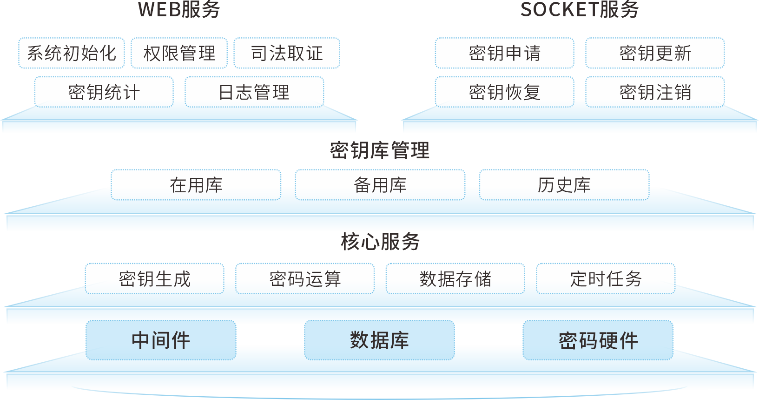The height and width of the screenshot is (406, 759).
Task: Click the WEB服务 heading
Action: (x=179, y=10)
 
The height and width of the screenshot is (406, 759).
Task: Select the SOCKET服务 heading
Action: (x=579, y=10)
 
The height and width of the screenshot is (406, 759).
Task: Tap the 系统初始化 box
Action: (x=72, y=53)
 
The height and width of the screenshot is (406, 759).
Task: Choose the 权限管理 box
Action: (x=179, y=53)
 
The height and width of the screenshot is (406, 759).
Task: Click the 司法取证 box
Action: (x=287, y=53)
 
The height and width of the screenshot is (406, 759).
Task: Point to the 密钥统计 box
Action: (x=104, y=92)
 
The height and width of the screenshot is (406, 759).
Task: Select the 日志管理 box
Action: (x=254, y=92)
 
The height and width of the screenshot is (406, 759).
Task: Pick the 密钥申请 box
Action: (x=505, y=53)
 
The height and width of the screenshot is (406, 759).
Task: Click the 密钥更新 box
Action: (x=655, y=53)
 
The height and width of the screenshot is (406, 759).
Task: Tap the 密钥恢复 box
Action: (x=505, y=92)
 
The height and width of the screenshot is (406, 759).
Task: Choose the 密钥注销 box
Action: (x=655, y=92)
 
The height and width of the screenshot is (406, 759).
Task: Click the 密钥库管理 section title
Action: (x=380, y=150)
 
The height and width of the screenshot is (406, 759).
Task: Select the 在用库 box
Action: (x=196, y=185)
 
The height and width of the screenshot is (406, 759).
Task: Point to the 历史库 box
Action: (x=564, y=185)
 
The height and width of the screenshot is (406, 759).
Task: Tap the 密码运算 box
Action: (x=305, y=278)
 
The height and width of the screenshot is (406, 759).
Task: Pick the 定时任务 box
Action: (x=606, y=278)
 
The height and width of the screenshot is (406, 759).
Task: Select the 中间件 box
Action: (x=161, y=340)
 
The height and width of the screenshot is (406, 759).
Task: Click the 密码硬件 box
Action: (x=598, y=340)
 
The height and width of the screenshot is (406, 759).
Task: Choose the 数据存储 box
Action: (x=455, y=278)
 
